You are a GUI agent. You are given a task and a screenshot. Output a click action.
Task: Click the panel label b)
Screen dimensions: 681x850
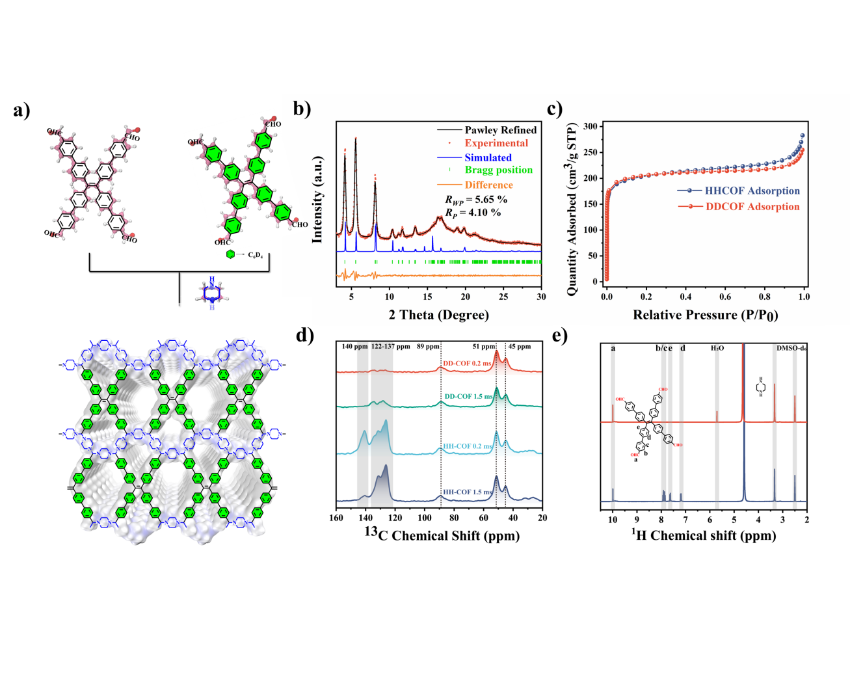(x=302, y=109)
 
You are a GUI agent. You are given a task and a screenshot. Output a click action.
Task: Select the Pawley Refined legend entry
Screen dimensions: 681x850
(x=500, y=130)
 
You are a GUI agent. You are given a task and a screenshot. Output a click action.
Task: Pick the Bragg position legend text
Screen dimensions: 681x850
(x=498, y=170)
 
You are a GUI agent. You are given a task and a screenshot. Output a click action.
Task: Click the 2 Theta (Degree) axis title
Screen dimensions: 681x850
(x=439, y=315)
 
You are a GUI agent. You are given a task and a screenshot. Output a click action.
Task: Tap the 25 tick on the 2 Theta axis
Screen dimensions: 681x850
(x=503, y=297)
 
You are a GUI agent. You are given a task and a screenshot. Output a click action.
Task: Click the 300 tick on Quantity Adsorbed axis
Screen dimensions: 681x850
(x=591, y=126)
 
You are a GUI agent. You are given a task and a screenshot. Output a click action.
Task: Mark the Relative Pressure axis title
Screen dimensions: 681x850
(x=705, y=315)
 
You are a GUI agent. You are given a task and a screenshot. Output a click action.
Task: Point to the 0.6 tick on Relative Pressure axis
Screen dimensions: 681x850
(x=725, y=297)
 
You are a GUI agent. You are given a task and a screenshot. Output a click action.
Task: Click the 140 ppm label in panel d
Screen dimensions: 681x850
(x=354, y=347)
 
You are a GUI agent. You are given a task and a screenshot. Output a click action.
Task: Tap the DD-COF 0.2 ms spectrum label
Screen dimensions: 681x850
(x=467, y=364)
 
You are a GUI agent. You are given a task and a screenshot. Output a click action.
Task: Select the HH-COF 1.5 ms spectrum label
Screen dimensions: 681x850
(x=467, y=492)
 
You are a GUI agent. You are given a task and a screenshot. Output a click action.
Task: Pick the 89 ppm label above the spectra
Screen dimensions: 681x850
(x=428, y=347)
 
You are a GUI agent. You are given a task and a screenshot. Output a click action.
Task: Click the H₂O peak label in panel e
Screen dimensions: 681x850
(x=717, y=349)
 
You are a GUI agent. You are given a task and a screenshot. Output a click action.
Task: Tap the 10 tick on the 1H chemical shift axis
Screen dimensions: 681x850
(x=613, y=520)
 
